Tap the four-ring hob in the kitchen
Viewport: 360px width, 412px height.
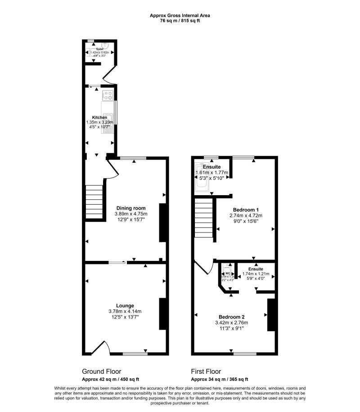(x=108, y=95)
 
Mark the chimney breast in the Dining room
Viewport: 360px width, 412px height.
(x=163, y=224)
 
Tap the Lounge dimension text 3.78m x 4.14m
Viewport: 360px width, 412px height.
(x=125, y=311)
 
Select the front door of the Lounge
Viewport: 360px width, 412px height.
(x=100, y=347)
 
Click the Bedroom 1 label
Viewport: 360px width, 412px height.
(x=246, y=210)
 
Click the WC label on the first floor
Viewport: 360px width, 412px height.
(x=228, y=273)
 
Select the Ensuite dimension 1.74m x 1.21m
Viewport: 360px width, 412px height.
(x=255, y=273)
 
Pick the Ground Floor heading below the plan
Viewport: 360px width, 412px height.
(x=101, y=372)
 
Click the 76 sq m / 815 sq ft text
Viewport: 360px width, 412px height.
(x=180, y=21)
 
